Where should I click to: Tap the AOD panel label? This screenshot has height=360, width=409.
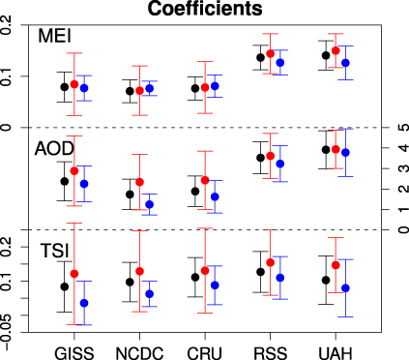click(53, 150)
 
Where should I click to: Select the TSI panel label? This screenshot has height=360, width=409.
click(53, 251)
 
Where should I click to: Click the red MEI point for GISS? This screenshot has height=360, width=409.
click(74, 84)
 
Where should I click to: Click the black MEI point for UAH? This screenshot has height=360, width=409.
click(326, 56)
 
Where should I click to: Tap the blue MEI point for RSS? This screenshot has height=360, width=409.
click(280, 63)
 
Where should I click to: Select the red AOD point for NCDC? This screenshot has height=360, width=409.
click(139, 182)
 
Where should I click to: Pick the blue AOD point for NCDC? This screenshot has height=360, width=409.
click(149, 205)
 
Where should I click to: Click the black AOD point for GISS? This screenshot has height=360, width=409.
click(65, 181)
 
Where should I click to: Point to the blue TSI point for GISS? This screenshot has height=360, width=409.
click(84, 303)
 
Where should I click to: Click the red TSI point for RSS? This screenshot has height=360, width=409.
click(271, 262)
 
